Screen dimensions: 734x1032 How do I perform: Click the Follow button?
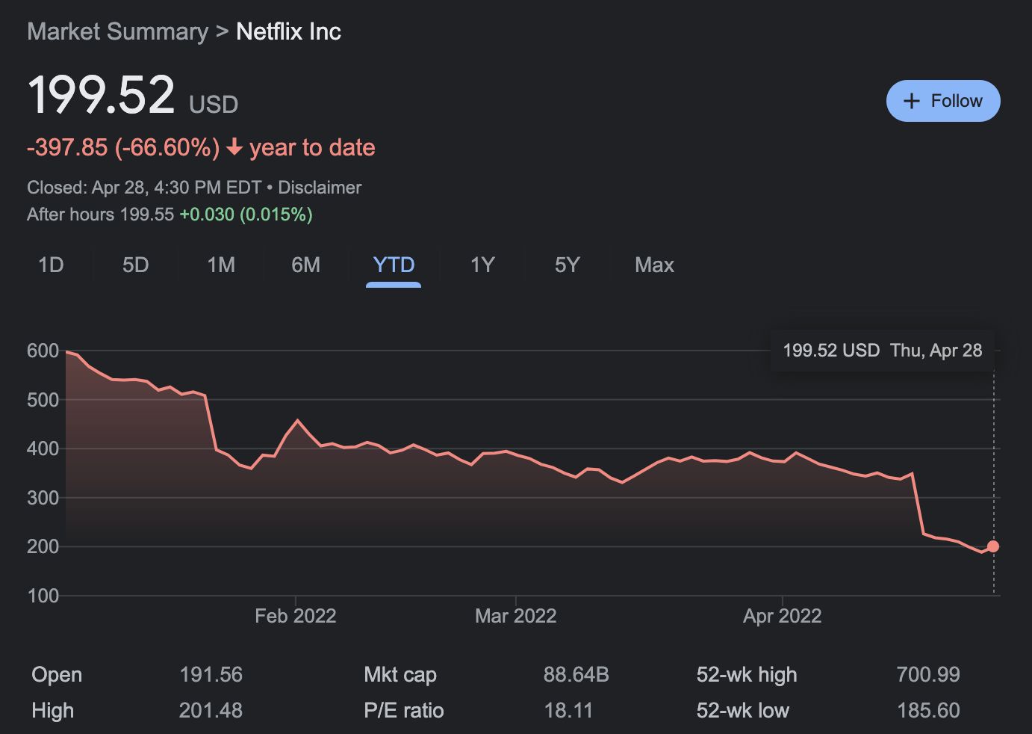[x=942, y=101]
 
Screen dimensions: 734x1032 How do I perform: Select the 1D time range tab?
[x=51, y=265]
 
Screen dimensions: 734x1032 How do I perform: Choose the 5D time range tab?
[x=135, y=265]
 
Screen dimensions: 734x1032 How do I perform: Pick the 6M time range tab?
[x=305, y=265]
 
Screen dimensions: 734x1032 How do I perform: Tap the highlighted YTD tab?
[x=394, y=265]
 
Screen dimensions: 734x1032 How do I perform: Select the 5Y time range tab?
[x=567, y=265]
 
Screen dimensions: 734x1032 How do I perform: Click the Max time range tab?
[x=654, y=265]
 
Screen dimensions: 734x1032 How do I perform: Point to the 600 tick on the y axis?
[x=43, y=351]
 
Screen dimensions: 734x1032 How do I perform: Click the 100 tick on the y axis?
[x=43, y=596]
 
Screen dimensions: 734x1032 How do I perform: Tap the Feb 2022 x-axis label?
[x=295, y=616]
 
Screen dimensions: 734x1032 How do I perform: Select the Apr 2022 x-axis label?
[x=782, y=616]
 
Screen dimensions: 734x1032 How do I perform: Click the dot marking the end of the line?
[x=993, y=546]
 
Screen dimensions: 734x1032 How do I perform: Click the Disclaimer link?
[x=320, y=188]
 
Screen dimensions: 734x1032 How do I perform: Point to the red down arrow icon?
[x=234, y=147]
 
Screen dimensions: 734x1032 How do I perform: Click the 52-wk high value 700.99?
[x=927, y=675]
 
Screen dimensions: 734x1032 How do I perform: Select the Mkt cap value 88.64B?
[x=576, y=675]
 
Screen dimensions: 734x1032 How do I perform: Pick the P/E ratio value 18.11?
[x=568, y=710]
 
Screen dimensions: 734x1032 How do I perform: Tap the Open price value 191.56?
[x=211, y=675]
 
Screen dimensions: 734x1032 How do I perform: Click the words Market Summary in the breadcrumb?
[x=118, y=32]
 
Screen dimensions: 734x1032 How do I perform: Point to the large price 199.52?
[x=101, y=95]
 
